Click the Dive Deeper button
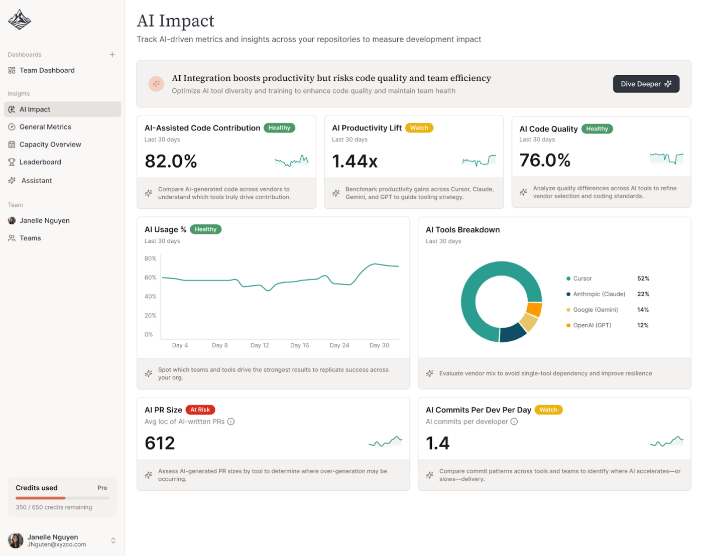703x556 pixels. (646, 84)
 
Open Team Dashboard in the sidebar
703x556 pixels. (47, 70)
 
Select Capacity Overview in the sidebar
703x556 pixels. (50, 145)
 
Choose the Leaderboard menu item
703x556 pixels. (40, 162)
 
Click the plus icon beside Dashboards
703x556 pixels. (112, 55)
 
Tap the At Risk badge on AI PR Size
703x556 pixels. (200, 410)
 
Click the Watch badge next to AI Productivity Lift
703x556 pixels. (419, 128)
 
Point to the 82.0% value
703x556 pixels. (171, 161)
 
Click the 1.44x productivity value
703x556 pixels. (355, 161)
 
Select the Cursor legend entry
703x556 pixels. (582, 279)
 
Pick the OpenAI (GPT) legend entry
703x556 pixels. (592, 325)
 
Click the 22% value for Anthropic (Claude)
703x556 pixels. (643, 294)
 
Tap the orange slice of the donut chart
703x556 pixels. (534, 309)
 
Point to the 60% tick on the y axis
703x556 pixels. (150, 277)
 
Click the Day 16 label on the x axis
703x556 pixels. (299, 345)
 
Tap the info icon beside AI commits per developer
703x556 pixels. (514, 422)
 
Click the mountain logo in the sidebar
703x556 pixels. (20, 20)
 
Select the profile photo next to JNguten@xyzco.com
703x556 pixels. (16, 540)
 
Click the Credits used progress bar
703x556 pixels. (62, 498)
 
